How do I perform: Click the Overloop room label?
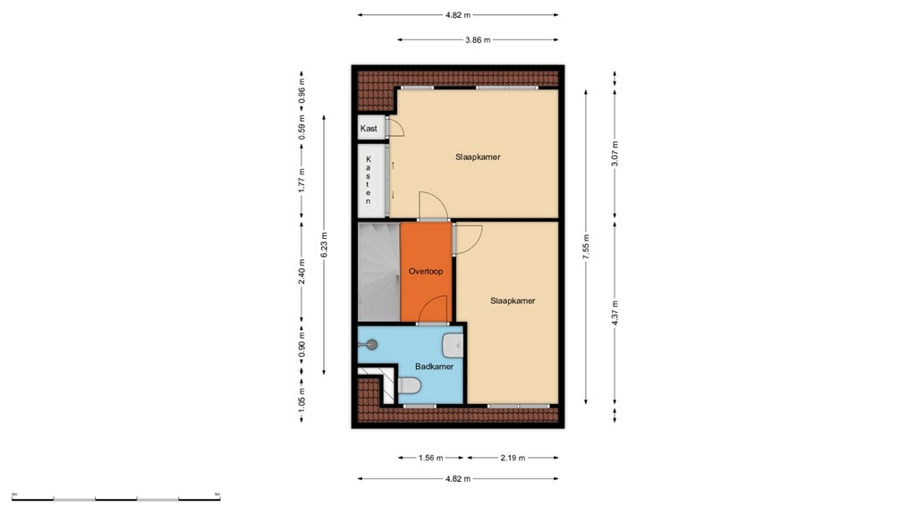[426, 271]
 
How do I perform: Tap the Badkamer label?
[434, 367]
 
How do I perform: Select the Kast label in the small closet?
[369, 129]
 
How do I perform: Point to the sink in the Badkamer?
[453, 344]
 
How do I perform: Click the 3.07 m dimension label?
[615, 154]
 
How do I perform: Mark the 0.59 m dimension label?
[301, 130]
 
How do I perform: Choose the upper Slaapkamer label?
[478, 156]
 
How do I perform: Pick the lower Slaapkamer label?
[513, 300]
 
